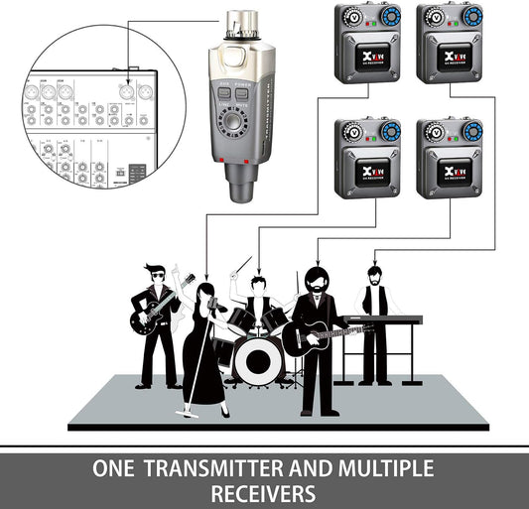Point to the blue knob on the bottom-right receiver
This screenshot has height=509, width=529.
[471, 131]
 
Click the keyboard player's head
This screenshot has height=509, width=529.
[374, 272]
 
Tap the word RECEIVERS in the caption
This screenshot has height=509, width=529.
[265, 493]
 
